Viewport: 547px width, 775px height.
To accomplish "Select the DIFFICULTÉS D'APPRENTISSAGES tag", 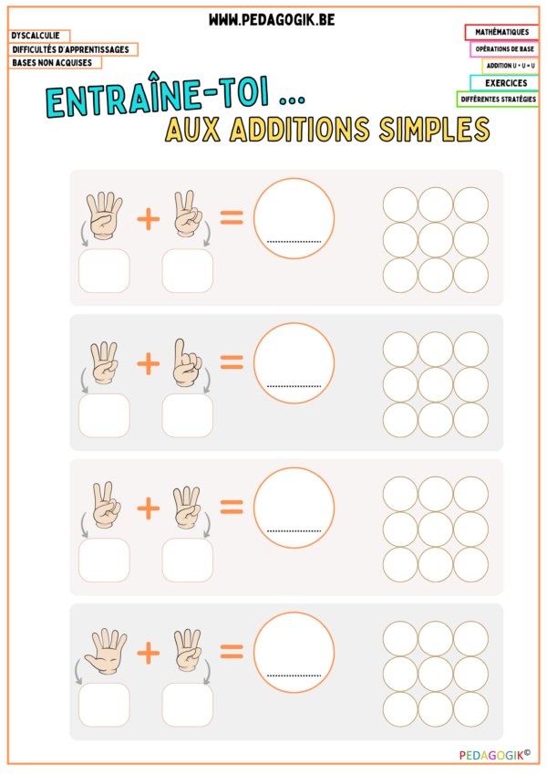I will coord(73,49).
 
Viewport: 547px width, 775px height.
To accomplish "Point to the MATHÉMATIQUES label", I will coord(501,32).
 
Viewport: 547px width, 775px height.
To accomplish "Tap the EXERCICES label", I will coord(505,82).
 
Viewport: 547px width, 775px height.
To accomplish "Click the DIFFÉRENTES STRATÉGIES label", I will coord(497,99).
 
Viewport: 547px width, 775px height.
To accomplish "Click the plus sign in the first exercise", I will coord(149,218).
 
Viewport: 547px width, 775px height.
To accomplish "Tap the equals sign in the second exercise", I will coord(232,362).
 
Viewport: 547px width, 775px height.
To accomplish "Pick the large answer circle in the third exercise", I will coord(294,507).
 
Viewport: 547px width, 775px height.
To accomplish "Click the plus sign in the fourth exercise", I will coord(149,652).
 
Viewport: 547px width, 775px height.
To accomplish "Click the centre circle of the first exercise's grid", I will coord(436,239).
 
